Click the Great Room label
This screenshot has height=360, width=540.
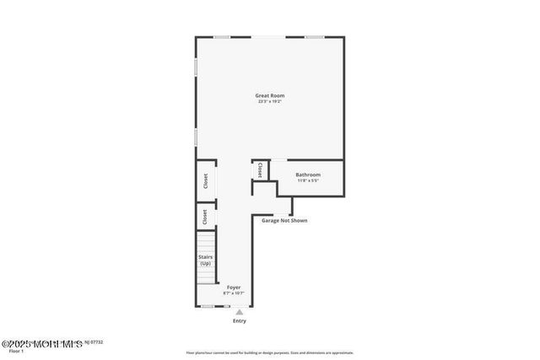pos(268,95)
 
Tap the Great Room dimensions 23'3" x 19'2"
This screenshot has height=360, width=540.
pos(268,102)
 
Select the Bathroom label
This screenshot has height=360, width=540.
pos(307,175)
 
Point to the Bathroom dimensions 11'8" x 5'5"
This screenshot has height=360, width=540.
pos(307,180)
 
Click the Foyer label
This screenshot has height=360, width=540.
pos(234,287)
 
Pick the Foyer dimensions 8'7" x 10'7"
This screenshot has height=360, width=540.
pos(234,293)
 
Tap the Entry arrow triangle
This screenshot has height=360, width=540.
pos(239,312)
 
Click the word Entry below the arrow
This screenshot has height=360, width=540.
pos(240,321)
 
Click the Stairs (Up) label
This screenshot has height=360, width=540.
pos(205,260)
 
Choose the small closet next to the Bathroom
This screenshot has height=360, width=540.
pos(260,169)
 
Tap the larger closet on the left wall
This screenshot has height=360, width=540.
pos(205,180)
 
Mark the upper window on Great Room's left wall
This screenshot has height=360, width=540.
pos(197,66)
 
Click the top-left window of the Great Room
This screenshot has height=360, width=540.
pos(221,37)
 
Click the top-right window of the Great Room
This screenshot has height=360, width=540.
pos(314,37)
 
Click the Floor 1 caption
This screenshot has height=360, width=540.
pos(17,351)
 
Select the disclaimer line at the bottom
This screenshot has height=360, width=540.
pos(270,352)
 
